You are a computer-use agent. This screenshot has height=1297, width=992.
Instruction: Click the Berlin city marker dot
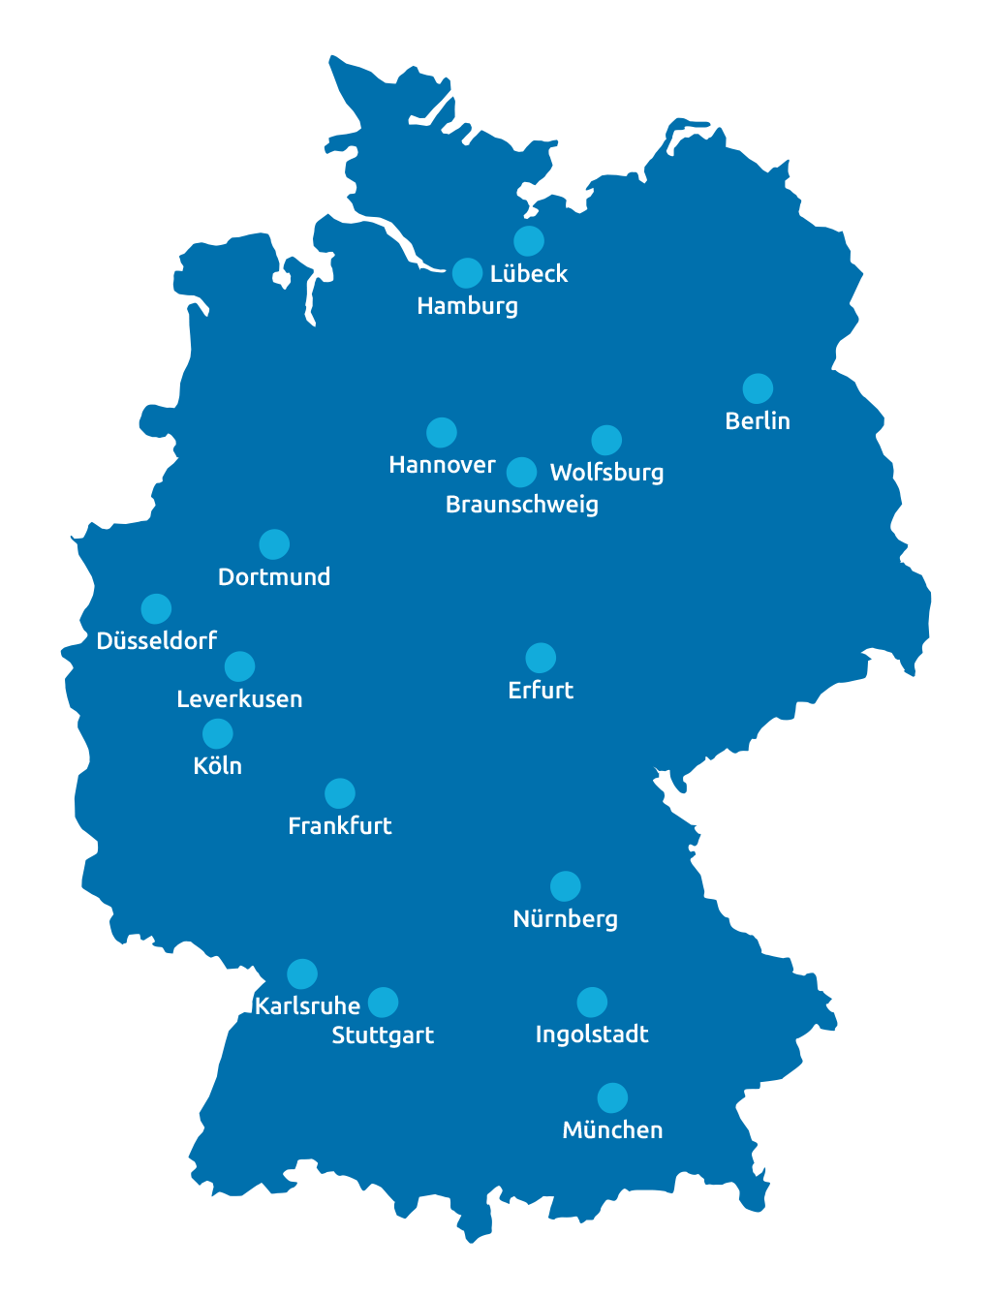tap(758, 388)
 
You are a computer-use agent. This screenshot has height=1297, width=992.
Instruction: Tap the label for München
tap(612, 1130)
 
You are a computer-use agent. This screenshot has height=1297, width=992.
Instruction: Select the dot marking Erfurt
tap(541, 658)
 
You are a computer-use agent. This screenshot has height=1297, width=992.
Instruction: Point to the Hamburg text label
tap(467, 306)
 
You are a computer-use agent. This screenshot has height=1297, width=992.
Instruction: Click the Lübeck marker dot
tap(528, 240)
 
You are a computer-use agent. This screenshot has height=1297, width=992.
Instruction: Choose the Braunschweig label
tap(521, 505)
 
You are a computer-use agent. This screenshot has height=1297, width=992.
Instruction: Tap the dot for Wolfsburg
tap(606, 440)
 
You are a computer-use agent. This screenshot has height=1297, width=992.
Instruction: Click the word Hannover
tap(442, 465)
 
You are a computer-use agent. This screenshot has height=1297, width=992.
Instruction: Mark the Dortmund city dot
tap(274, 544)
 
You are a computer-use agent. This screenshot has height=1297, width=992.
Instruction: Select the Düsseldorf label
tap(156, 641)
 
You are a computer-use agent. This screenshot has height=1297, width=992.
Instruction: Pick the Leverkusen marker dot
tap(239, 666)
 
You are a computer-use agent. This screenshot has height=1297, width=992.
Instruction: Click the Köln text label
tap(217, 766)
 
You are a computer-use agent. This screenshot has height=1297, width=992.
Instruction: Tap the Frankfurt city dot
tap(339, 793)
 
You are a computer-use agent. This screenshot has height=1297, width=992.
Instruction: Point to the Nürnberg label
tap(565, 919)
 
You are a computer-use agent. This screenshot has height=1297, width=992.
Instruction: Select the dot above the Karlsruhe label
tap(302, 973)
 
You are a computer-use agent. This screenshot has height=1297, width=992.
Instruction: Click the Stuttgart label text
tap(383, 1035)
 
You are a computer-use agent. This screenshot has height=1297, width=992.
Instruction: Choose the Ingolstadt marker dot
tap(592, 1002)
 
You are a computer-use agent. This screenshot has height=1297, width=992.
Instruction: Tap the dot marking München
tap(612, 1097)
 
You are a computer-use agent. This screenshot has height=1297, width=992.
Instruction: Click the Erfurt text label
tap(541, 691)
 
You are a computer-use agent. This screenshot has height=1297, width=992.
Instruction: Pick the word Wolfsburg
tap(606, 473)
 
